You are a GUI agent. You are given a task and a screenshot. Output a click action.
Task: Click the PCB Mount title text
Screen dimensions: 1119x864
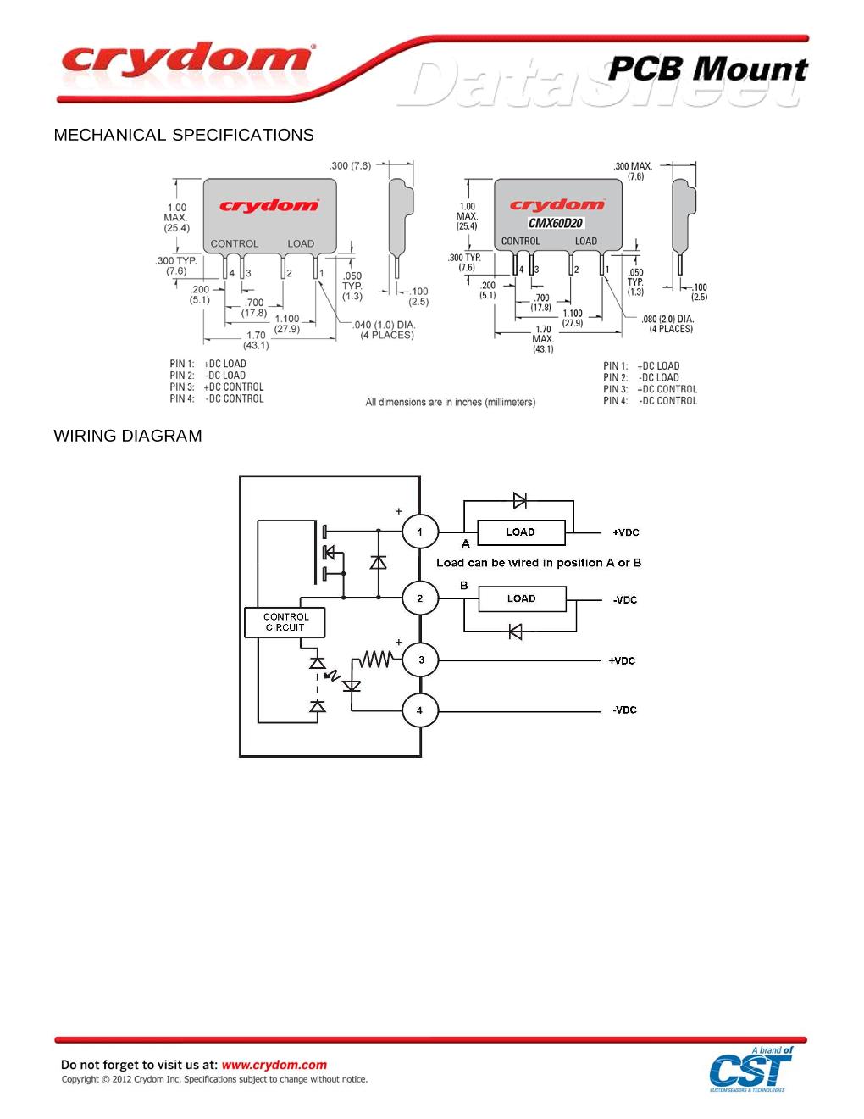(707, 69)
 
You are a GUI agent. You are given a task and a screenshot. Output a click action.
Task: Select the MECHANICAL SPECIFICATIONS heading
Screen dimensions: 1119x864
(184, 135)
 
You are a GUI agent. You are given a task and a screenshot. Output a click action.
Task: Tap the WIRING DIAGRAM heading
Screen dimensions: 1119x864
(128, 436)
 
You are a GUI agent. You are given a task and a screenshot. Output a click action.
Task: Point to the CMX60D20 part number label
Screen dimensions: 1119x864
(556, 223)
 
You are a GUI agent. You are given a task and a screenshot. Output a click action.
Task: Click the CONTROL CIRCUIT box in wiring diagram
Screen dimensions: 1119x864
(285, 622)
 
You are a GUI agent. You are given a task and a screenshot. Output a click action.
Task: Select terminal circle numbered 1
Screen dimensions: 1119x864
(420, 532)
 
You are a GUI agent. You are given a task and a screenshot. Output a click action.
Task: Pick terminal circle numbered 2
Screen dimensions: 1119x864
(420, 598)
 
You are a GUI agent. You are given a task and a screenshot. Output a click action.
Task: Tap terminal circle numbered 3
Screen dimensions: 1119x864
(420, 660)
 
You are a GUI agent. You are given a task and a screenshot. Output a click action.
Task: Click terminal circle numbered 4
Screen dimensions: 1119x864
(420, 710)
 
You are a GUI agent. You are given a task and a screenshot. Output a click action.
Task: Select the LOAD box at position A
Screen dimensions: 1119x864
(521, 532)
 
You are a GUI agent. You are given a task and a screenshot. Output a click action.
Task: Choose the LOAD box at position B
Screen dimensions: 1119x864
(522, 598)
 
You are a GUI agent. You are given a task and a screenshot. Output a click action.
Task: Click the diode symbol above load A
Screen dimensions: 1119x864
(519, 500)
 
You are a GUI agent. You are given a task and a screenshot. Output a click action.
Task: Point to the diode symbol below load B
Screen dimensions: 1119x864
(515, 632)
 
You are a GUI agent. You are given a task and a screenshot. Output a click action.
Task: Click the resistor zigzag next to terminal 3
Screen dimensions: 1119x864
(375, 659)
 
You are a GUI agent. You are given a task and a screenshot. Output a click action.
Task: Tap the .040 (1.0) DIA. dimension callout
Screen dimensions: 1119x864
(385, 330)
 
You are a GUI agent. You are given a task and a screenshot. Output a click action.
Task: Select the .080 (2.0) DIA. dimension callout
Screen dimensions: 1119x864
(668, 324)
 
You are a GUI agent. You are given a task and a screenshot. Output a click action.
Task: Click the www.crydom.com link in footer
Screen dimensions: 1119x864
(274, 1065)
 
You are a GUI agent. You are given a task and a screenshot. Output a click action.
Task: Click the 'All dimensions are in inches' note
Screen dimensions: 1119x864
(450, 402)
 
